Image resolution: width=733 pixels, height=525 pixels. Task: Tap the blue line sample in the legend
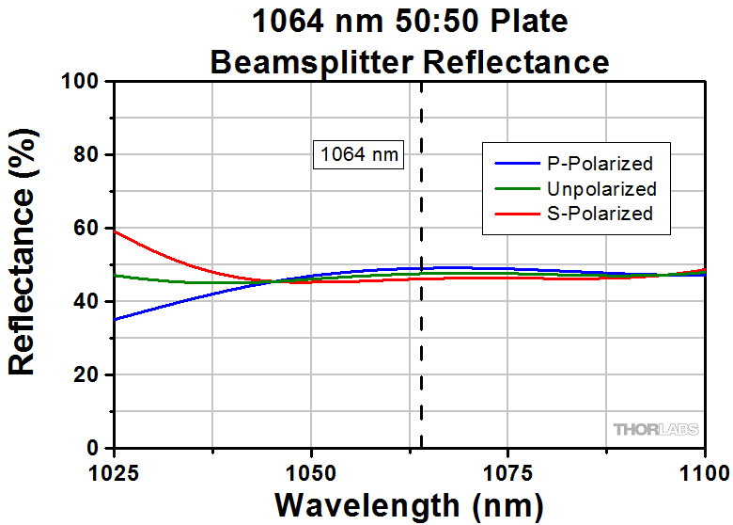pyautogui.click(x=515, y=164)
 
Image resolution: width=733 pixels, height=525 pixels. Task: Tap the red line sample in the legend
pyautogui.click(x=515, y=214)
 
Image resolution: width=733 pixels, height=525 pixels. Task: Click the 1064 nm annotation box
pyautogui.click(x=358, y=153)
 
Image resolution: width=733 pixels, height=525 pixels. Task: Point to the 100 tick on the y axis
pyautogui.click(x=80, y=82)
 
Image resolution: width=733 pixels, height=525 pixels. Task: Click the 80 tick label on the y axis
pyautogui.click(x=86, y=155)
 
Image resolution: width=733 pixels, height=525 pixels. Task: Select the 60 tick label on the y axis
pyautogui.click(x=86, y=229)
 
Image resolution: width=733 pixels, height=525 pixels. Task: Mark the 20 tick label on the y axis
pyautogui.click(x=86, y=375)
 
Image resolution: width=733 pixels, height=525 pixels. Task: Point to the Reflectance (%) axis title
pyautogui.click(x=23, y=265)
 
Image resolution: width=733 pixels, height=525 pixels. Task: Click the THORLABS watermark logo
pyautogui.click(x=656, y=429)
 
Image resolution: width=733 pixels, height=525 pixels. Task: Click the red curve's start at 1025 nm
pyautogui.click(x=115, y=231)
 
